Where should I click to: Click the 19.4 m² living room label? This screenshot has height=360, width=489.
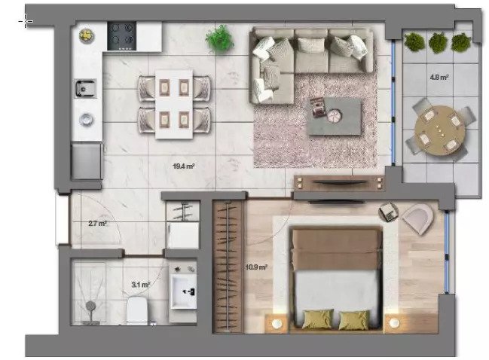pos(183,166)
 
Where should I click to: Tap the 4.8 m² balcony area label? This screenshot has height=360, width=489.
pos(439,77)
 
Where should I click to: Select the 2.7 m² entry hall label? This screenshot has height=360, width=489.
pos(98,224)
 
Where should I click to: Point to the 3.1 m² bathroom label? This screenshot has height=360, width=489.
pos(141,285)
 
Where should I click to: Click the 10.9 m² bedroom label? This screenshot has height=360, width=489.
pos(256,267)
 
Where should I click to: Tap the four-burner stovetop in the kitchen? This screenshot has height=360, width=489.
pos(121,36)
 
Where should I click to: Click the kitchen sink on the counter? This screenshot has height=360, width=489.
pos(85,89)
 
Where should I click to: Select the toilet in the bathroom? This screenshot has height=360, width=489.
pos(137,311)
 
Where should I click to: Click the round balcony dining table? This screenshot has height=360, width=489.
pos(440,130)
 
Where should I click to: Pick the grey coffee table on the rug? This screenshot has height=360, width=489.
pos(335,117)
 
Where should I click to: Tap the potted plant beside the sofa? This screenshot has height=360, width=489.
pos(219,39)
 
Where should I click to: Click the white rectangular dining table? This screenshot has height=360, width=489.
pos(174,104)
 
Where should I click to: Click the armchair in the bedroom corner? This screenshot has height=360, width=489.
pos(418,219)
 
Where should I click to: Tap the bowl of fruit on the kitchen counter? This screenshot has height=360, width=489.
pos(87,35)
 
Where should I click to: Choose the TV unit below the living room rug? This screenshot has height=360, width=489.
pos(338,183)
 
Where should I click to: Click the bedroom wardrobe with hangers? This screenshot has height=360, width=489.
pos(228,267)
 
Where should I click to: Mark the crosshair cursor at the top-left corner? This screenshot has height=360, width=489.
pos(26,21)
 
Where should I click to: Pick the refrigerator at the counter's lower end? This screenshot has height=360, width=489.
pos(87,161)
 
